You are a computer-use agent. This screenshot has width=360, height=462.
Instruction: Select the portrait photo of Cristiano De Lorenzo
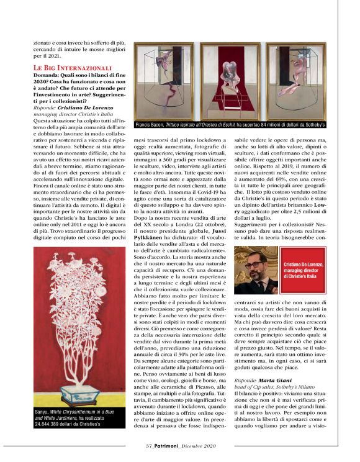click(x=255, y=269)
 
